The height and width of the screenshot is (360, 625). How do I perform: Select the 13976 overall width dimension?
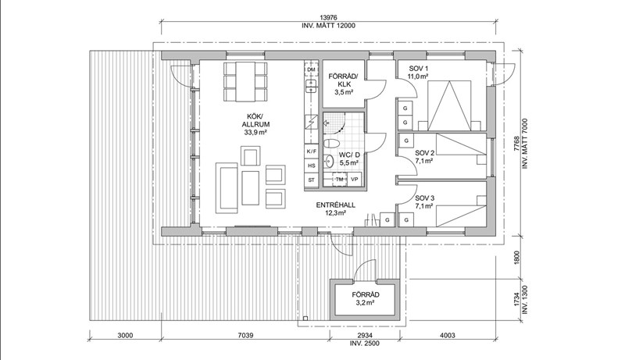click(327, 16)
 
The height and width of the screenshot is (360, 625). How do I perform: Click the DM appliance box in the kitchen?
click(311, 70)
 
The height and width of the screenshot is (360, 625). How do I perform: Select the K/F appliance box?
click(311, 151)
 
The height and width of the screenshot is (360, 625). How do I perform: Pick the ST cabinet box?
click(311, 180)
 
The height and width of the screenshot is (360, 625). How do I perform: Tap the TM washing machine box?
click(340, 180)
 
